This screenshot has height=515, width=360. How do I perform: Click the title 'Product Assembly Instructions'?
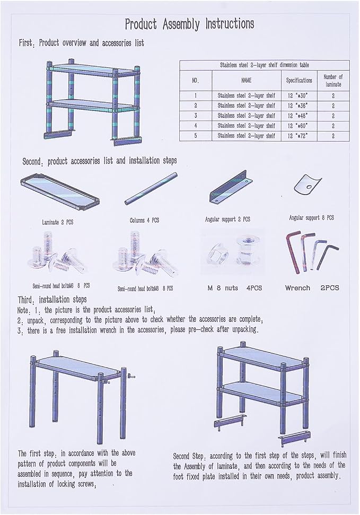(189, 24)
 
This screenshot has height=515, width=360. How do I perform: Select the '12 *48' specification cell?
(298, 116)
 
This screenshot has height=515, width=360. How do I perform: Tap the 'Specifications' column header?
(299, 80)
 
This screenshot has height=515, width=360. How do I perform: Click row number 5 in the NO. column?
(196, 135)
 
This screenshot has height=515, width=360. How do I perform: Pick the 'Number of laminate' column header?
(333, 81)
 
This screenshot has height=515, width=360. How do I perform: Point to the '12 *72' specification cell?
(298, 136)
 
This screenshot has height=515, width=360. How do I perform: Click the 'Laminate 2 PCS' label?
(57, 222)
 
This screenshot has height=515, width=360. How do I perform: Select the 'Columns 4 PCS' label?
(144, 220)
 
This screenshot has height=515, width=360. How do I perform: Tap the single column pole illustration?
(151, 188)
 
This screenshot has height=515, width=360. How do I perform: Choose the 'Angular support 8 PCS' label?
(311, 218)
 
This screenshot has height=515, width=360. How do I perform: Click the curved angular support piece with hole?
(308, 185)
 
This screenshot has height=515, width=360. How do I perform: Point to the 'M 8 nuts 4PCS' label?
(235, 288)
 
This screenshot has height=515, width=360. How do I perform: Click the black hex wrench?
(327, 255)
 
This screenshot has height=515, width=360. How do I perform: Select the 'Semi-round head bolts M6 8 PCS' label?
(61, 286)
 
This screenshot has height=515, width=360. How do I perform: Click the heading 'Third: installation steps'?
(52, 300)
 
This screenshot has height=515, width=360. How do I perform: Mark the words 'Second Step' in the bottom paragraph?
(189, 456)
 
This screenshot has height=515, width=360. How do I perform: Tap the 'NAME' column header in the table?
(247, 80)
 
